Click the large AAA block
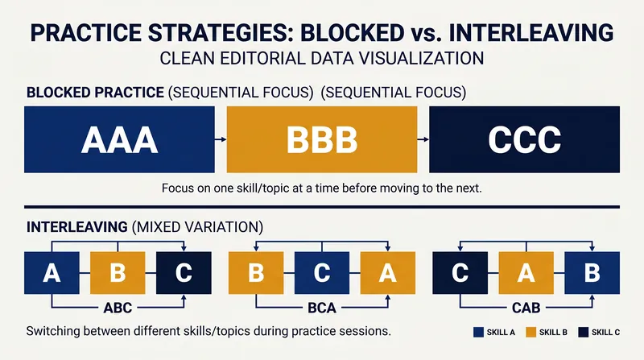click(119, 139)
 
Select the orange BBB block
click(321, 139)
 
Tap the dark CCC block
click(525, 139)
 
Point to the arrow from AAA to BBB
click(221, 139)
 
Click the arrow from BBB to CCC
click(423, 139)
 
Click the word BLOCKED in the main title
click(353, 33)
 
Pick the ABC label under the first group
click(118, 308)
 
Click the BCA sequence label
click(322, 308)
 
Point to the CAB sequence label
click(526, 308)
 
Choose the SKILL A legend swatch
click(478, 332)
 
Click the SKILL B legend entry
click(547, 332)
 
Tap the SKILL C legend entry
click(599, 332)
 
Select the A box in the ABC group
click(52, 273)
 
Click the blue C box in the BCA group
click(322, 273)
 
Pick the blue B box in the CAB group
click(592, 273)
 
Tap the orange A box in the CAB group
click(526, 273)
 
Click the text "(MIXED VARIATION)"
click(197, 227)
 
